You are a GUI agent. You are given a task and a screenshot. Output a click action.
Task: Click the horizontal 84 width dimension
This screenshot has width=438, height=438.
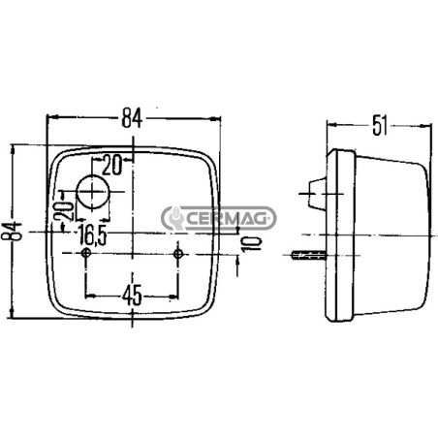(132, 118)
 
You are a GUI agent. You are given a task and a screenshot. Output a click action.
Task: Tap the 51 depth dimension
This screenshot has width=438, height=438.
(380, 125)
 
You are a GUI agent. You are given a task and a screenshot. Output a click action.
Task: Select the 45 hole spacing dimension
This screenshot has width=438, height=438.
(132, 295)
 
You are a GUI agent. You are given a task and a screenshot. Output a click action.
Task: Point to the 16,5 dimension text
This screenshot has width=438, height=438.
(92, 235)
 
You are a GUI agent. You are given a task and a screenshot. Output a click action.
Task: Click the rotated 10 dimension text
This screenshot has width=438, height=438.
(251, 243)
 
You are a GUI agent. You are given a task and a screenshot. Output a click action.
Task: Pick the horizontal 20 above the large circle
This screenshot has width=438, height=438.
(112, 165)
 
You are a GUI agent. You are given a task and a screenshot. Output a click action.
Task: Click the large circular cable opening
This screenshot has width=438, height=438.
(93, 192)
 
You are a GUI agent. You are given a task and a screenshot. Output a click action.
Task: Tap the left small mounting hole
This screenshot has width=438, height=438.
(86, 253)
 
